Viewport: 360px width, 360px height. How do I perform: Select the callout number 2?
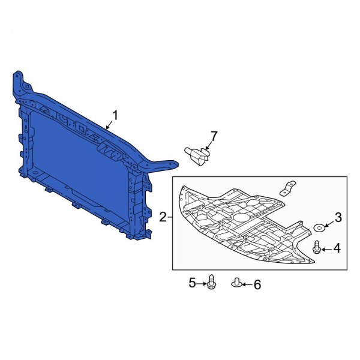point(163,217)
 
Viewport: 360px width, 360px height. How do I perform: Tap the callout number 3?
point(338,217)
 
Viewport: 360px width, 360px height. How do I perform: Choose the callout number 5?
point(193,281)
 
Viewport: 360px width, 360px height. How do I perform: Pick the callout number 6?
point(257,284)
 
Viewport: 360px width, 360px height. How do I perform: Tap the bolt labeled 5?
point(211,281)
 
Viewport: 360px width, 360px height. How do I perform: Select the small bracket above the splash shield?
point(290,188)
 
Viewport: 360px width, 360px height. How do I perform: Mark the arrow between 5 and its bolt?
point(202,281)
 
